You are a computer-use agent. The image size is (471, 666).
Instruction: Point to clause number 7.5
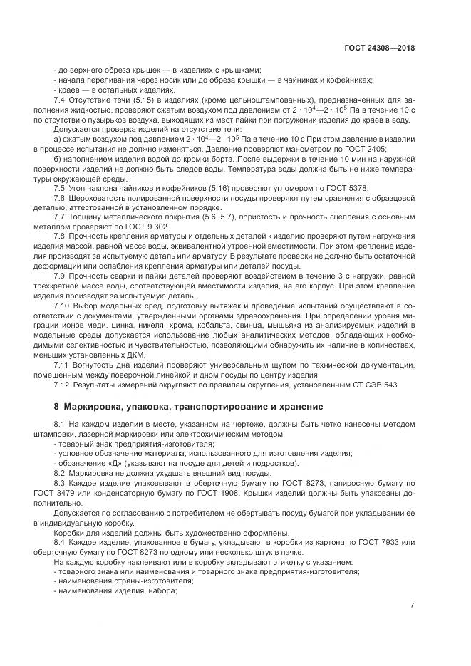point(61,187)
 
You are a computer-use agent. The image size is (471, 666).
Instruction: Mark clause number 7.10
point(63,305)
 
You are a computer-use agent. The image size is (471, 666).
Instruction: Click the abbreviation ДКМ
point(133,354)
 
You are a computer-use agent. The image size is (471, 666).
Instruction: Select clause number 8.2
point(61,472)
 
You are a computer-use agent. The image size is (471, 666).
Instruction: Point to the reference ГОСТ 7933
point(375,541)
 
